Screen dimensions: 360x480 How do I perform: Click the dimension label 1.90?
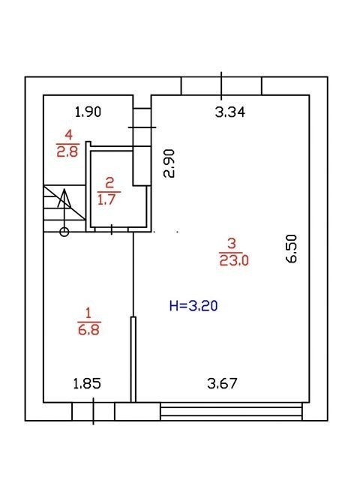[x=88, y=112]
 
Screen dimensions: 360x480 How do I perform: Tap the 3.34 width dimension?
[x=230, y=112]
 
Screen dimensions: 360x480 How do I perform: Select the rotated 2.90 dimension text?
[x=169, y=163]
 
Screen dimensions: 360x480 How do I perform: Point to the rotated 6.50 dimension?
[x=292, y=248]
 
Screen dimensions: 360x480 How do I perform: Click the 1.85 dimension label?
[x=87, y=383]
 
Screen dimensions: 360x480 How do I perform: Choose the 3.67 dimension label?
[x=222, y=383]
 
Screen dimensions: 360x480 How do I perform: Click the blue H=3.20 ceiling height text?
[x=193, y=306]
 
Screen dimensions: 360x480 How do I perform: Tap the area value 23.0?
[x=234, y=260]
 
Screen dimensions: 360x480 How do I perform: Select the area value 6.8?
[x=89, y=330]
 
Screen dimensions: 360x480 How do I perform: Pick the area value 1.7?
[x=106, y=200]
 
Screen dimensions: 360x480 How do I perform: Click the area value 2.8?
[x=67, y=151]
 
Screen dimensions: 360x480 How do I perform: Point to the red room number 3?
[x=232, y=244]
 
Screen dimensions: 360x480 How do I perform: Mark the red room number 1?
[x=88, y=313]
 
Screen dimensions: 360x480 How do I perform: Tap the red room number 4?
[x=68, y=135]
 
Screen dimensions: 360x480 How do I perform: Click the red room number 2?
[x=109, y=183]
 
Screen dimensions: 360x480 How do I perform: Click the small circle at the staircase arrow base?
[x=64, y=232]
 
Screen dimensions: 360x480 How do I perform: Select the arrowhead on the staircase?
[x=64, y=199]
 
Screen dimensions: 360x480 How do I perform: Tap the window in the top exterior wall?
[x=221, y=86]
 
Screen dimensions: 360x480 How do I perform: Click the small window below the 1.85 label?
[x=93, y=411]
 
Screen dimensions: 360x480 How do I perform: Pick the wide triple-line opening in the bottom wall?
[x=231, y=412]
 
